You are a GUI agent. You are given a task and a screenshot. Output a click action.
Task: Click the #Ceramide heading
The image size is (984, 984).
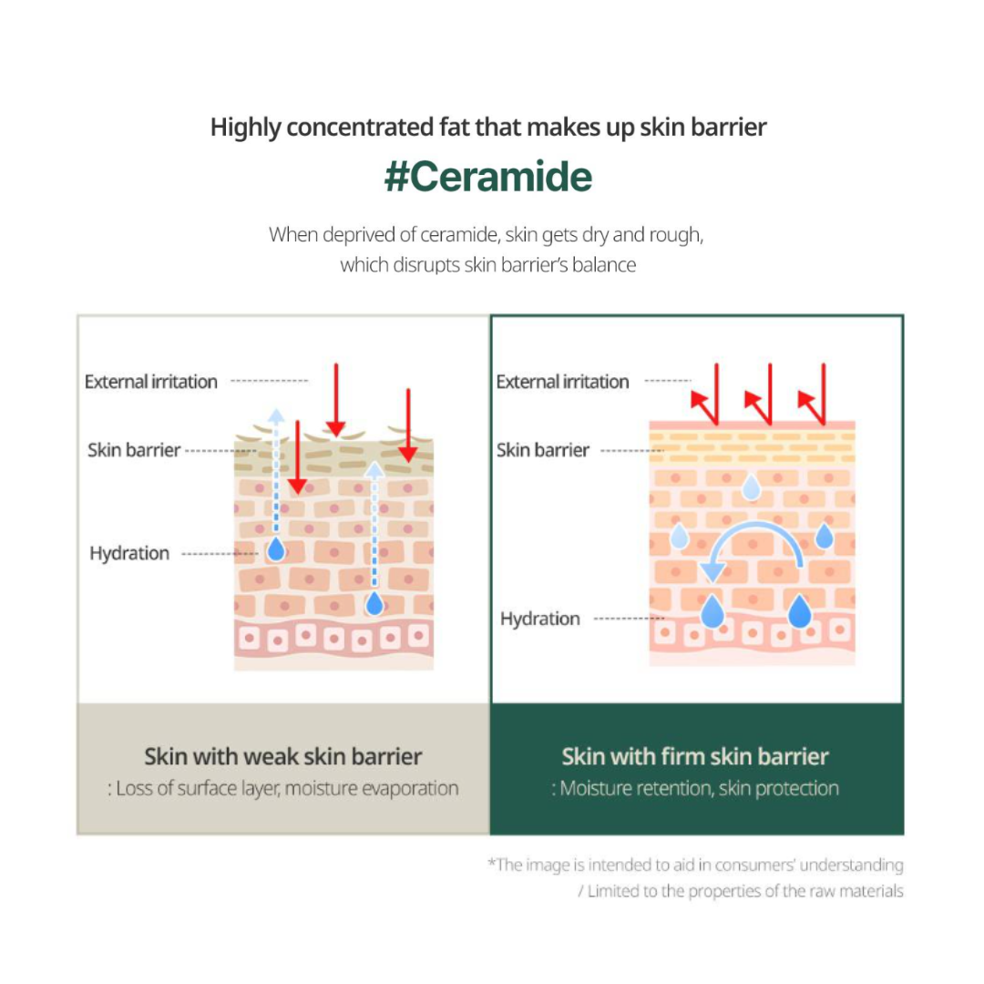point(488,177)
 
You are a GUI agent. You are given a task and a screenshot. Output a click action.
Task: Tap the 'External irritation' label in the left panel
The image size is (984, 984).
point(150,382)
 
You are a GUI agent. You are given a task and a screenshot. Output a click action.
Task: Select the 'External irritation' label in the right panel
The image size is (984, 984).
point(562,382)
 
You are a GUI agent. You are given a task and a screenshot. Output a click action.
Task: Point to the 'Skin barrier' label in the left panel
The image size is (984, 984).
point(134,450)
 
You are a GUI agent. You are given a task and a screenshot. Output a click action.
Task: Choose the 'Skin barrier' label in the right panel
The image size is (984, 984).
point(543,450)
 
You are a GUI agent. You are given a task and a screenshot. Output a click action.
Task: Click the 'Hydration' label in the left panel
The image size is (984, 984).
point(129,554)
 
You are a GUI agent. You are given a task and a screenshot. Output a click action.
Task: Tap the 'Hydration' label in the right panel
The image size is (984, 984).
point(539,619)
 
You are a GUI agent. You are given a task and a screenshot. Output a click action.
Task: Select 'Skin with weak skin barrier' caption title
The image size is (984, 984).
point(283,757)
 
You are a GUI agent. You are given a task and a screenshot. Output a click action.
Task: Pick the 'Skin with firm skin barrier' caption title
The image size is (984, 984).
point(695,757)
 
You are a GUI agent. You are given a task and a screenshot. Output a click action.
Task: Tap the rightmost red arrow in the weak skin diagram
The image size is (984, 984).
point(408,425)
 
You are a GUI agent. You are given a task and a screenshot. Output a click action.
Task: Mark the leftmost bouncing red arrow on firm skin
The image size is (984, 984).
point(707,395)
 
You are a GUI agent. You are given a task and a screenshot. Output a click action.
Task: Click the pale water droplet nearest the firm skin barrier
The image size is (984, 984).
point(751,487)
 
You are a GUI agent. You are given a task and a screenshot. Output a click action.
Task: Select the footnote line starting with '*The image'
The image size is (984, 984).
point(695,865)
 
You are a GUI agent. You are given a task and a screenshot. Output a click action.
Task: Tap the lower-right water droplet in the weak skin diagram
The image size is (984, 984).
point(374,603)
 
